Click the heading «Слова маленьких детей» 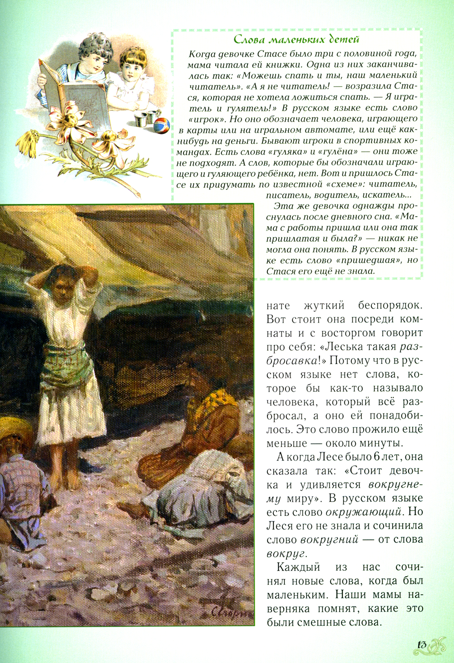tap(296, 40)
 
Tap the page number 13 tap(420, 644)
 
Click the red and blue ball tap(162, 125)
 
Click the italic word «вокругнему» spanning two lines tap(395, 484)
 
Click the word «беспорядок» tap(390, 305)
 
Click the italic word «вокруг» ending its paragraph tap(286, 554)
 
